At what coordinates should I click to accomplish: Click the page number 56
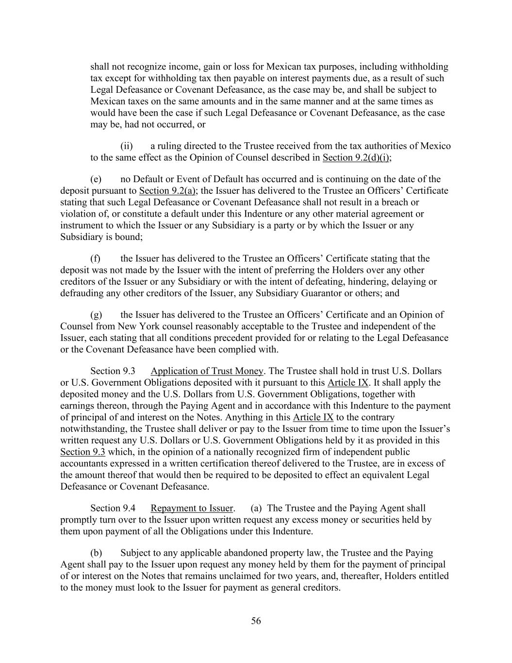(x=256, y=621)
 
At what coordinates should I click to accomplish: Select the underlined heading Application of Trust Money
(x=207, y=371)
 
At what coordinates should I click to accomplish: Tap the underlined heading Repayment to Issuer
(x=192, y=509)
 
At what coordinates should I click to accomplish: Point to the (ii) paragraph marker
(x=126, y=146)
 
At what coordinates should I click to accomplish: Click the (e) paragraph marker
(x=96, y=179)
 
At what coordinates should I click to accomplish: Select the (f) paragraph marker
(x=95, y=258)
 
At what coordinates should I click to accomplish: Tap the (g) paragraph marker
(x=96, y=315)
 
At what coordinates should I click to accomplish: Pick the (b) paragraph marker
(x=96, y=553)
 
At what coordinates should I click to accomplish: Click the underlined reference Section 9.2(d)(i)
(x=357, y=158)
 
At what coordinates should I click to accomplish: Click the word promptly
(x=78, y=520)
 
